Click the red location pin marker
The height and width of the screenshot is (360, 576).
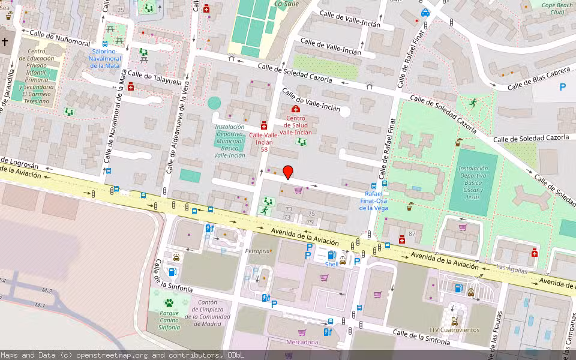287,172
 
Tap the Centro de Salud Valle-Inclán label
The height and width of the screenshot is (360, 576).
295,125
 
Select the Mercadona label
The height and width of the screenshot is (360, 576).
302,342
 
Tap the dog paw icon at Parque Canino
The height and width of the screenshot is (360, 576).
169,303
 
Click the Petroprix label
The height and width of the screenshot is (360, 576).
257,251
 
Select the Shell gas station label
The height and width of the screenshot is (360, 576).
331,264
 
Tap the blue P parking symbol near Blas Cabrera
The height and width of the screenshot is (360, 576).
562,87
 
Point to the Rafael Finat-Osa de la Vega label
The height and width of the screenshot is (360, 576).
373,200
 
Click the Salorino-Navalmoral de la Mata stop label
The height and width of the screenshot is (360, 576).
104,58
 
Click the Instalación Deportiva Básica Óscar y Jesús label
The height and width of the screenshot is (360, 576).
473,182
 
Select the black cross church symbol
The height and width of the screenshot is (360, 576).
5,42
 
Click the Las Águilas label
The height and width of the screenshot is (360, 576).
512,270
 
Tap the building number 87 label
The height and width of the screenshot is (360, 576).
412,233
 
